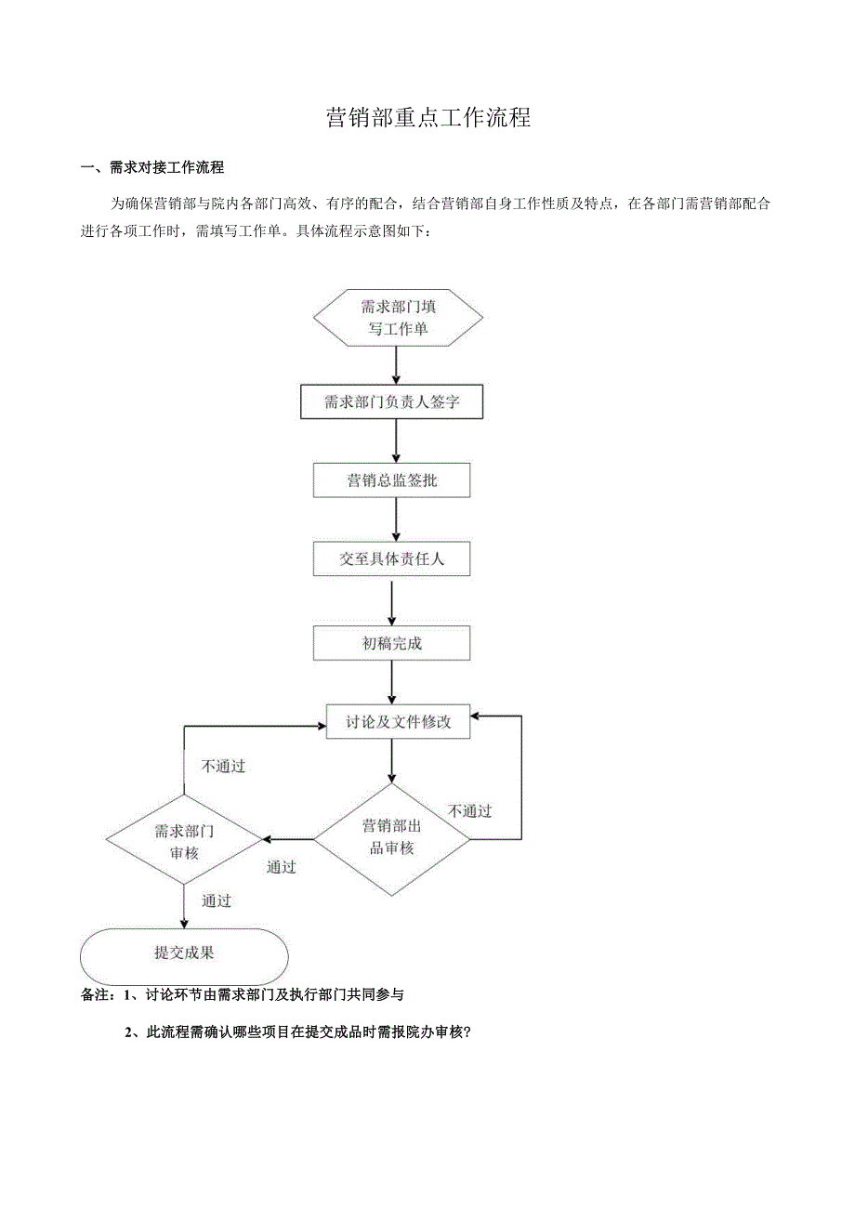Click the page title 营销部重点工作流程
tap(428, 118)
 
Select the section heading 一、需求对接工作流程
tap(152, 168)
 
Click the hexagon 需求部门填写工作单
tap(398, 318)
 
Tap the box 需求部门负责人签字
tap(392, 402)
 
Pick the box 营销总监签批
tap(391, 480)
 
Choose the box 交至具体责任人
tap(391, 559)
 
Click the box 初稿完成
tap(391, 642)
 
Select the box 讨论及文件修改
tap(398, 722)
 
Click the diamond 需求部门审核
tap(184, 841)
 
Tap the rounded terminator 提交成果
tap(184, 953)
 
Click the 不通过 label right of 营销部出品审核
tap(469, 811)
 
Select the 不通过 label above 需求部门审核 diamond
tap(223, 767)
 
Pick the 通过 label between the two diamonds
tap(282, 867)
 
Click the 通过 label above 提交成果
tap(217, 900)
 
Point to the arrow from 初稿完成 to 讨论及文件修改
tap(392, 682)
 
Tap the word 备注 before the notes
tap(97, 994)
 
